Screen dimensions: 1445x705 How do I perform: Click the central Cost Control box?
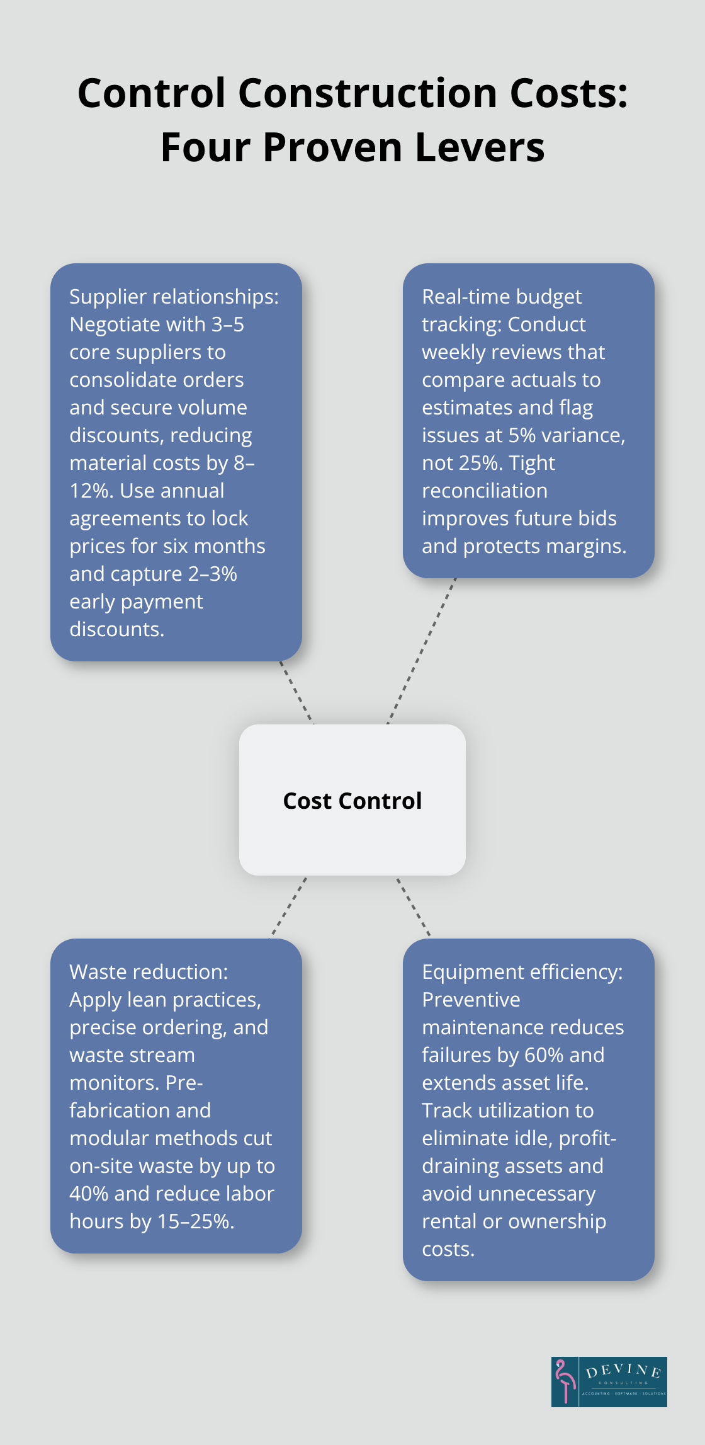[x=352, y=800]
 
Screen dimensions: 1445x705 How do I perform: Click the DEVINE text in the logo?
[x=623, y=1371]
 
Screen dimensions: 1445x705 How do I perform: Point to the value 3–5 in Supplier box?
[x=227, y=324]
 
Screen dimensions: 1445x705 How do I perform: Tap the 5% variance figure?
[x=522, y=435]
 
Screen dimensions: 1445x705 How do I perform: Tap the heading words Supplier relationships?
[x=174, y=297]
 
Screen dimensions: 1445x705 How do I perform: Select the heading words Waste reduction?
[x=149, y=972]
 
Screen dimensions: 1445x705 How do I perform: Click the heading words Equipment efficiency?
[x=522, y=972]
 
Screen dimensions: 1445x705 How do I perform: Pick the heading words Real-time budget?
[x=501, y=297]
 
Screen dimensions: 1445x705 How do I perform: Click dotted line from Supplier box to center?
[x=296, y=692]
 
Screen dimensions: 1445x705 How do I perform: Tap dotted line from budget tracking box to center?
[x=420, y=651]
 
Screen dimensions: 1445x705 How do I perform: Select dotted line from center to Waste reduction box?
[x=288, y=907]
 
